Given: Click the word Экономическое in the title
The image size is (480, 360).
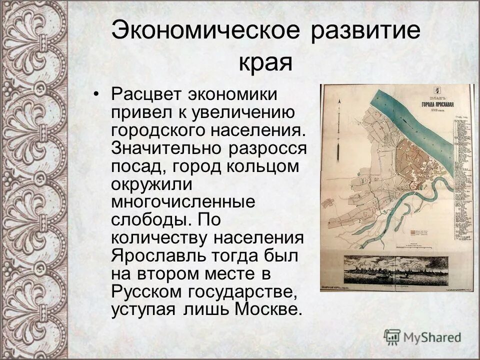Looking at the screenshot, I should point(205,30).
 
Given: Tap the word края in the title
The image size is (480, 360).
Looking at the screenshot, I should point(264,63).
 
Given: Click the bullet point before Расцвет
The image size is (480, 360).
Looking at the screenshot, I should point(98,94).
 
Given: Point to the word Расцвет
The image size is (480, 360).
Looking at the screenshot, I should point(146,94).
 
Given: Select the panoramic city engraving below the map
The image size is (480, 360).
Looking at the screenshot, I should point(396,270).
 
